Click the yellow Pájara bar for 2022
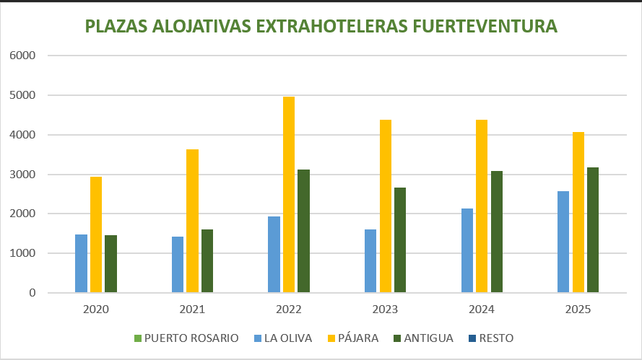click(289, 195)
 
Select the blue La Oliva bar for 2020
click(82, 263)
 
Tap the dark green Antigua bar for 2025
click(593, 230)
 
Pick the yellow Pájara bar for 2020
click(96, 234)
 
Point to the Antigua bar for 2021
click(207, 261)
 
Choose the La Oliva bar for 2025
click(563, 242)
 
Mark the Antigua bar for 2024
click(496, 232)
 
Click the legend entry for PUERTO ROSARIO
click(186, 338)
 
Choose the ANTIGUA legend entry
click(422, 338)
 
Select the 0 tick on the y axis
click(32, 293)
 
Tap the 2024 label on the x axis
click(482, 310)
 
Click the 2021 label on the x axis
click(192, 310)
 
